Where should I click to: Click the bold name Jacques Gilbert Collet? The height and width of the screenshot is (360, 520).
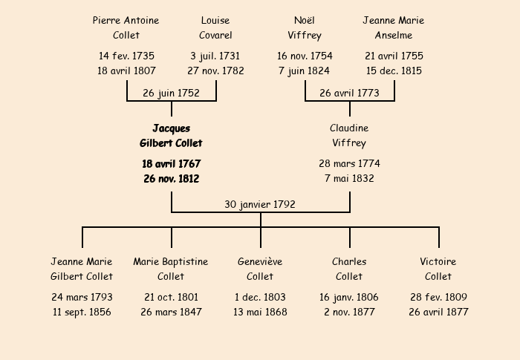point(171,136)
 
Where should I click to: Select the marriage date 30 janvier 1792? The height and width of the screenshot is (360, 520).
point(260,204)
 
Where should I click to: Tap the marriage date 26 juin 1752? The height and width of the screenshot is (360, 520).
point(171,93)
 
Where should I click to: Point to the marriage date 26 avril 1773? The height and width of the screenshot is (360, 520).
point(350,93)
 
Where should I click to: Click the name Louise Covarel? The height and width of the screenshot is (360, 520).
point(215,27)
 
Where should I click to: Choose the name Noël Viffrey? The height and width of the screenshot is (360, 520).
point(305,28)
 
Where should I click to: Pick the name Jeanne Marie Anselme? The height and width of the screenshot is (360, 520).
point(393,27)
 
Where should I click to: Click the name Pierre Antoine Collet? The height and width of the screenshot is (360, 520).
point(126,27)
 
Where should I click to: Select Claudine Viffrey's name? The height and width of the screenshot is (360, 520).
point(349,136)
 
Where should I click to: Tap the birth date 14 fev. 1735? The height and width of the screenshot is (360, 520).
point(126,56)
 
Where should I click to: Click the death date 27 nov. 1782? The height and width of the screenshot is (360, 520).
point(215,71)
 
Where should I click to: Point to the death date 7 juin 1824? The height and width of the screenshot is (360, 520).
point(305,71)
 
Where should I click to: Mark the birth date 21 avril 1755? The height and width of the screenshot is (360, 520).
point(394,56)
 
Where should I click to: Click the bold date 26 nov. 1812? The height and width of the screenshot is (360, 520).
point(172,179)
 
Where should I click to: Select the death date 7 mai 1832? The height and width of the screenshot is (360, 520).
point(349,178)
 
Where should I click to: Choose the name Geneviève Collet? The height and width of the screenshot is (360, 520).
point(260,269)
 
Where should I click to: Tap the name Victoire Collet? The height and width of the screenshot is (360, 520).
point(438,269)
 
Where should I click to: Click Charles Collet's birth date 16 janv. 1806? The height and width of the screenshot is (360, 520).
point(349,298)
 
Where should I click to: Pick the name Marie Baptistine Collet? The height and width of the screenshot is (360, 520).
point(171,269)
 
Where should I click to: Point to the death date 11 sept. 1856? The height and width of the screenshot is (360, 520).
point(82,312)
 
